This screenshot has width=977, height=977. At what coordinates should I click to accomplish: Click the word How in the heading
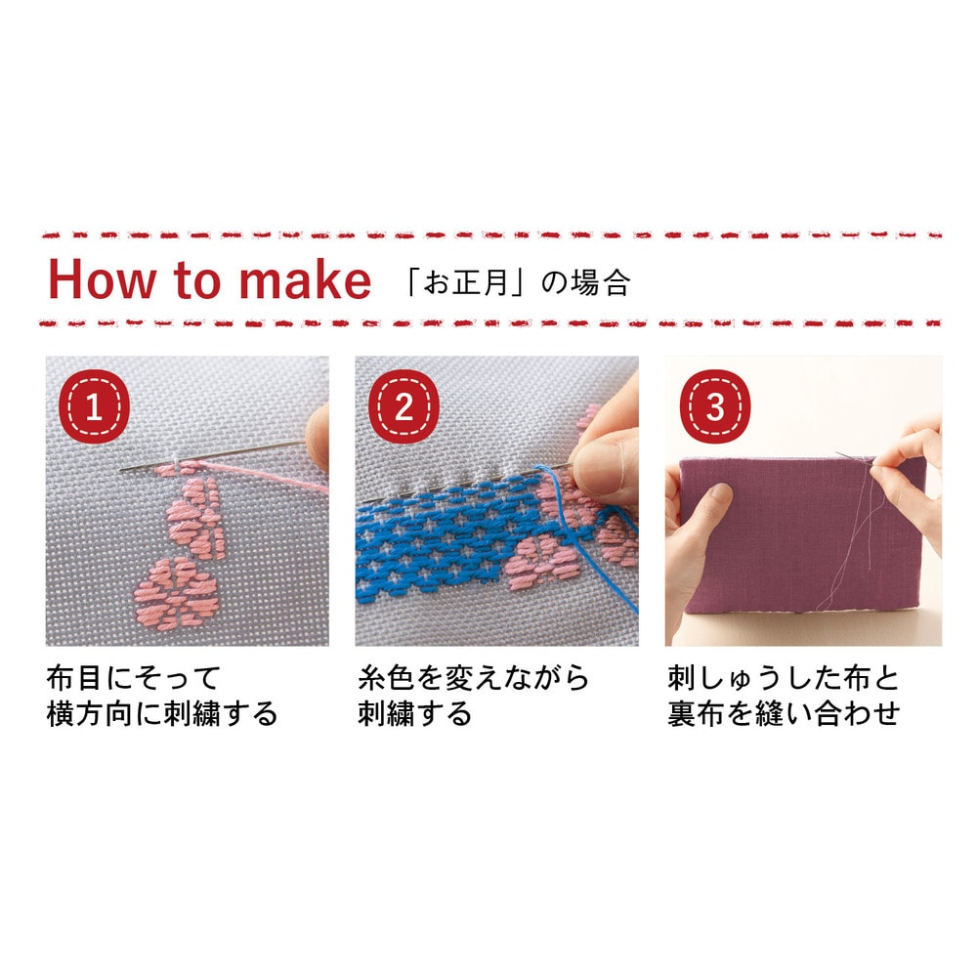(101, 279)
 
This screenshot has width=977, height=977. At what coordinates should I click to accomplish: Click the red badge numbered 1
(94, 406)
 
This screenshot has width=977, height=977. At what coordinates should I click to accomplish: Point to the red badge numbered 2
(404, 406)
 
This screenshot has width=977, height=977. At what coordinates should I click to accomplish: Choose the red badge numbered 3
(715, 406)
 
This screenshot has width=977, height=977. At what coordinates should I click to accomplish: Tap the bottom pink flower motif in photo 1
(176, 594)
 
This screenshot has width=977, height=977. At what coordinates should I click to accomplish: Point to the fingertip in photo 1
(319, 436)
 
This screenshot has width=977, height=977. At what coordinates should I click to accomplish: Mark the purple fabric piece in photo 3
(802, 533)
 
